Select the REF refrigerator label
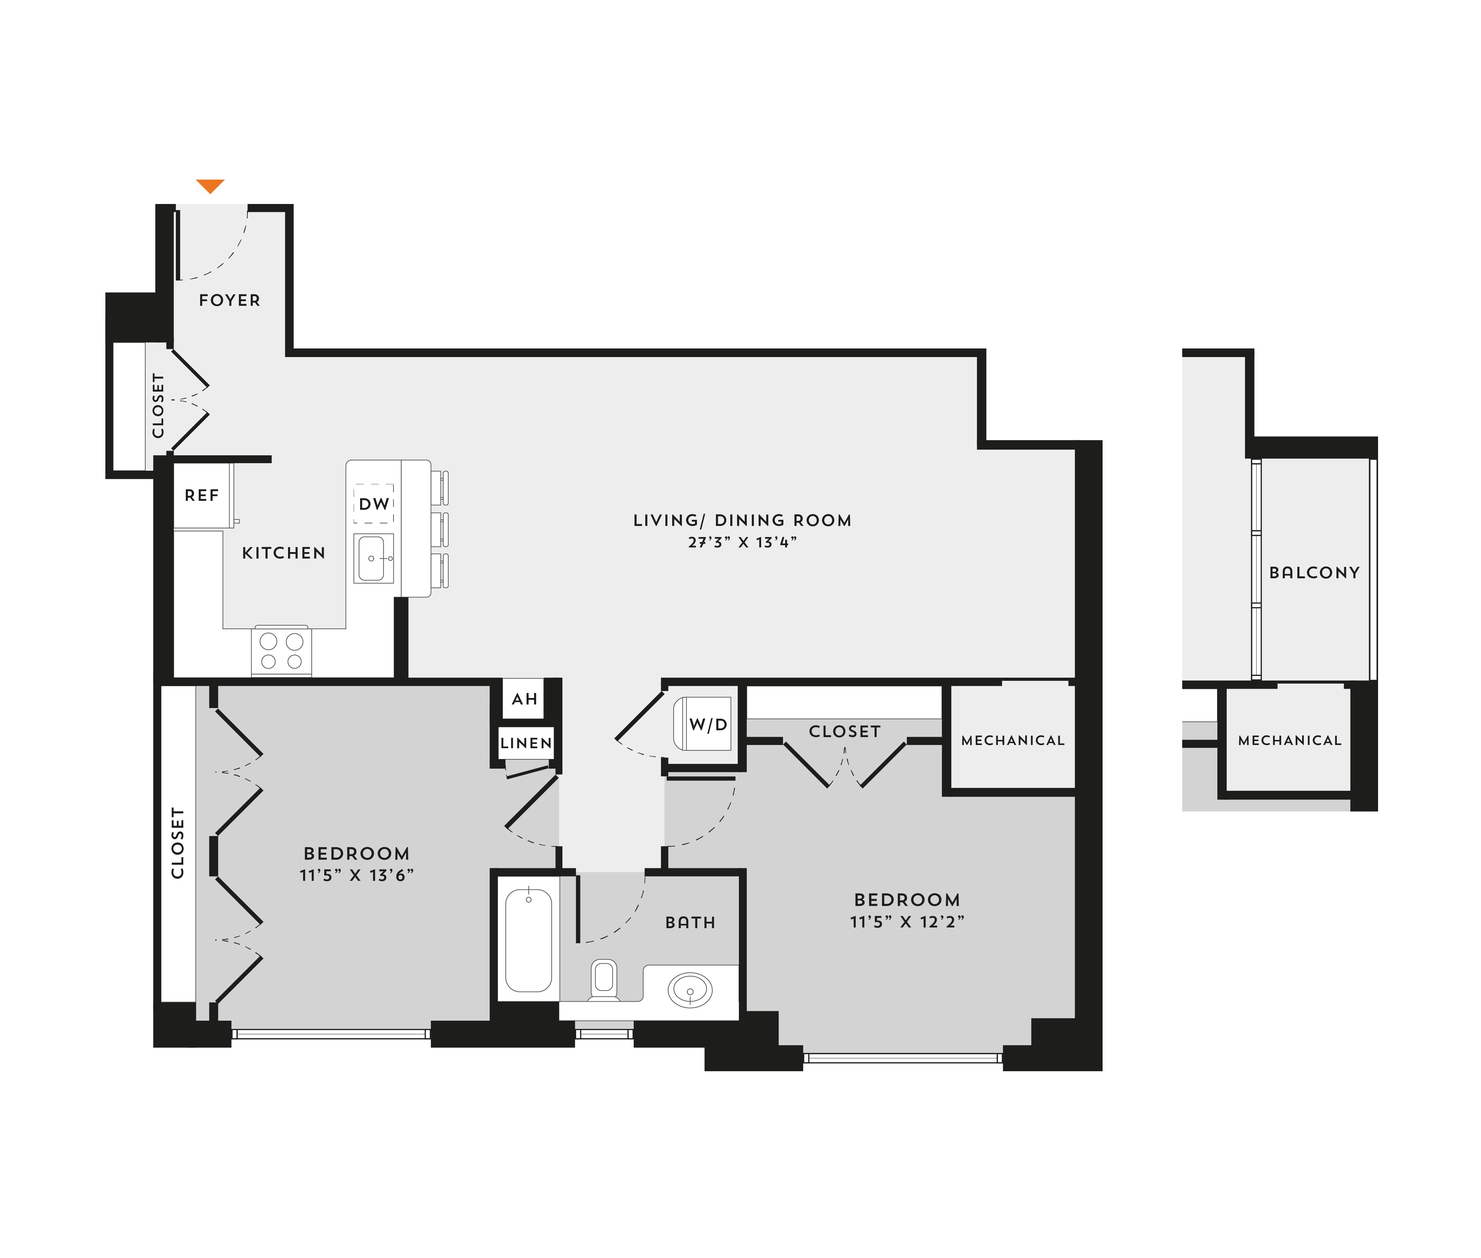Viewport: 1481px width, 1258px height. (202, 495)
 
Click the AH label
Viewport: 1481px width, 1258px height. (524, 699)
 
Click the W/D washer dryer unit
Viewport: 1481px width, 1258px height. (703, 724)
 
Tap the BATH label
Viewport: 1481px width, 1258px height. (690, 923)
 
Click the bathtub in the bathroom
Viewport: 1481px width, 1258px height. (529, 940)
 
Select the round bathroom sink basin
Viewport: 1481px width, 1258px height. (690, 991)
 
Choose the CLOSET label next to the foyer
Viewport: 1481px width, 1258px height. (158, 406)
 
